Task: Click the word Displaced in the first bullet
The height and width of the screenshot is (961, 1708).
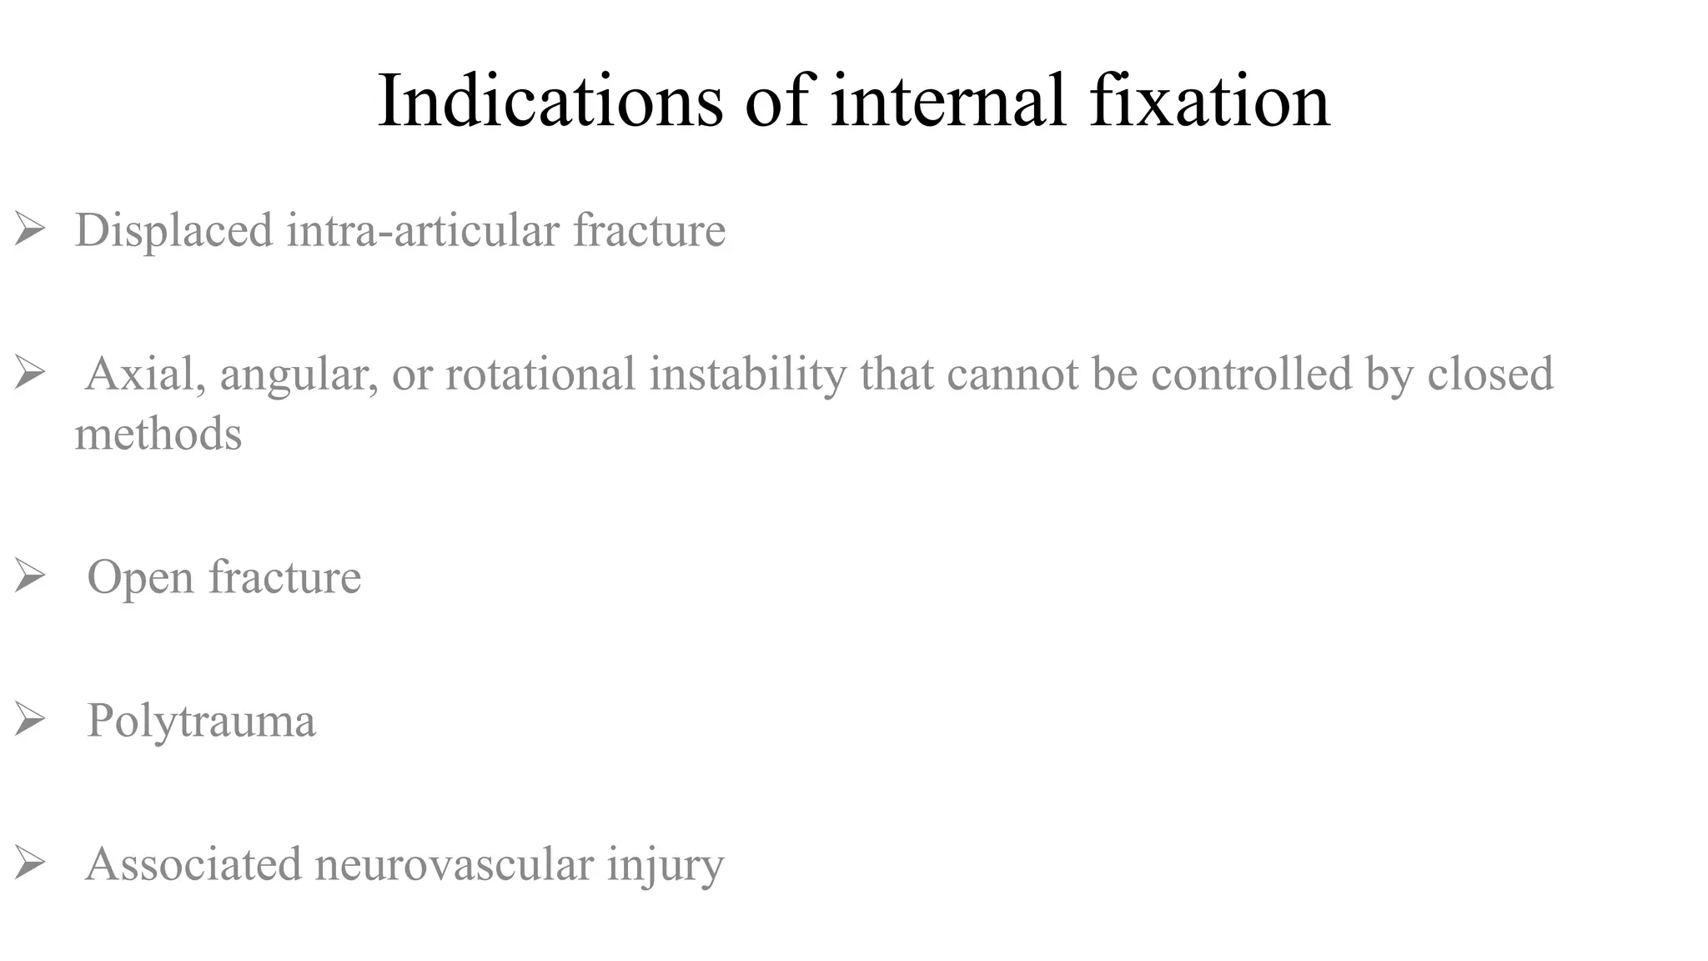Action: (173, 230)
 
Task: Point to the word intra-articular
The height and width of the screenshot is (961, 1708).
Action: (423, 230)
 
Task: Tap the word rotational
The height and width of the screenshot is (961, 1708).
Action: (540, 374)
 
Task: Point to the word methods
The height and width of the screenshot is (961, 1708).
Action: (158, 434)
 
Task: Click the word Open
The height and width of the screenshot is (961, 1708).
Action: (140, 578)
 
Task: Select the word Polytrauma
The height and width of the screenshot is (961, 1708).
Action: (201, 721)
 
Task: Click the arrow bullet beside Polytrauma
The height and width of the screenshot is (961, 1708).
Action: (29, 720)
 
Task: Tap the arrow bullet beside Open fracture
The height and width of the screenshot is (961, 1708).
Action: (29, 576)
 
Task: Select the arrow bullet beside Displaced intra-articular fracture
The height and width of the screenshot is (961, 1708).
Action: (29, 229)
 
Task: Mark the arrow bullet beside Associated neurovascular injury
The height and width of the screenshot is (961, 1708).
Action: (29, 863)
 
